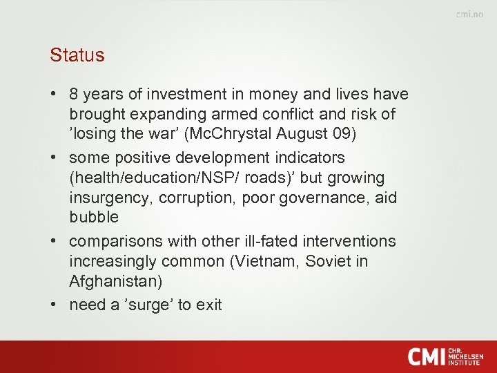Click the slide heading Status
point(77,55)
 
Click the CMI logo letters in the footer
point(425,356)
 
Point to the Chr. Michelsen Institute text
point(465,356)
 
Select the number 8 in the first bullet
point(75,94)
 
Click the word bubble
point(94,217)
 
